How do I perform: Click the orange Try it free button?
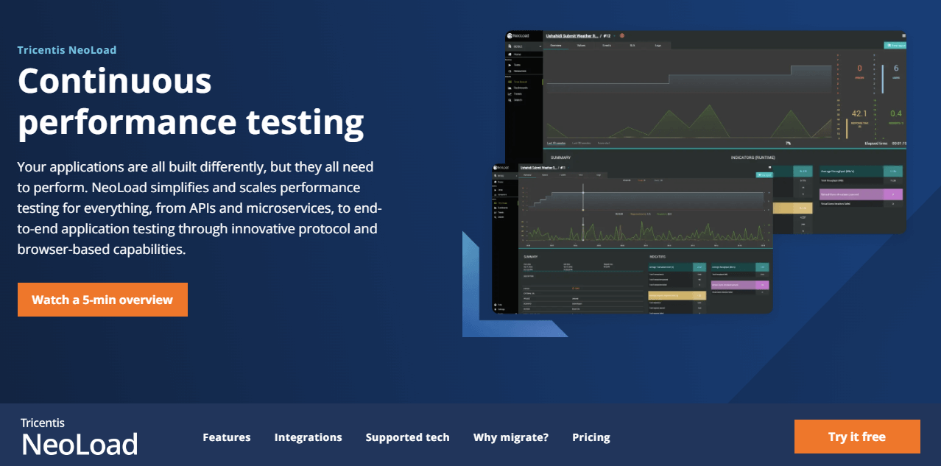[856, 437]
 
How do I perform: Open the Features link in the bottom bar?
[227, 437]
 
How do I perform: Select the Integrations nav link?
[308, 437]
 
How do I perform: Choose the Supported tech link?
[407, 437]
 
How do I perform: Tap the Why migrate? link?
[510, 437]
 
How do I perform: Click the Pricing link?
[591, 437]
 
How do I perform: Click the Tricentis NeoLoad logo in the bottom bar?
[79, 437]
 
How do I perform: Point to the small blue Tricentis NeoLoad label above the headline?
[67, 50]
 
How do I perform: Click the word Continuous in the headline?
[115, 80]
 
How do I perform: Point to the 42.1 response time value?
[859, 113]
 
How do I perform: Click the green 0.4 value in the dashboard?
[895, 113]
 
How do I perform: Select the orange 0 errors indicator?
[859, 68]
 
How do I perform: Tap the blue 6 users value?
[895, 68]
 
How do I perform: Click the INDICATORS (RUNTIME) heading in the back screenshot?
[763, 158]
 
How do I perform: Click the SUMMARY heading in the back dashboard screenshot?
[560, 158]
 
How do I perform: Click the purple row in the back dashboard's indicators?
[860, 195]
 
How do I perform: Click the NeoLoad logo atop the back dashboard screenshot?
[522, 35]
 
